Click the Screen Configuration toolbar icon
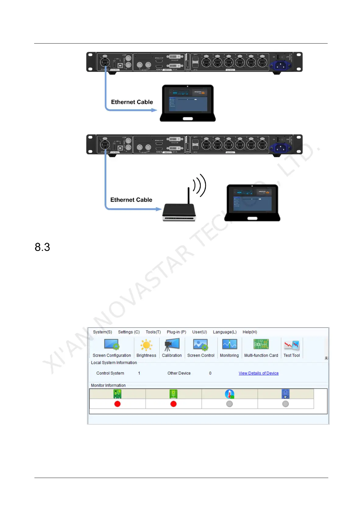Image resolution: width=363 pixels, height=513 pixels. (112, 345)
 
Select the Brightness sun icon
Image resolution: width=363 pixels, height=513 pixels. (146, 345)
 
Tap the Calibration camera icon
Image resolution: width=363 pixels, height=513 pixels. (172, 345)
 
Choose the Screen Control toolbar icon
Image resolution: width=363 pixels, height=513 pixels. (201, 345)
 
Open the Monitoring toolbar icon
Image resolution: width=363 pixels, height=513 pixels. (229, 345)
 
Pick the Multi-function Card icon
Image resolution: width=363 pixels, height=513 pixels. (261, 345)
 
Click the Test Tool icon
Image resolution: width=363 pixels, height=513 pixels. (292, 345)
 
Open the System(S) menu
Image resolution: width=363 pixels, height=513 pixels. (102, 332)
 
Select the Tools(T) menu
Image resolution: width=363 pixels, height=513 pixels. (153, 332)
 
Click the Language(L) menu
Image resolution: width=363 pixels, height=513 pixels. (225, 332)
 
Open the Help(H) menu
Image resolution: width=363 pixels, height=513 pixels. (250, 332)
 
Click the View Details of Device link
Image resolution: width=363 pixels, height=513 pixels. (258, 373)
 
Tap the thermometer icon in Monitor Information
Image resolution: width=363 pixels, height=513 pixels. (230, 394)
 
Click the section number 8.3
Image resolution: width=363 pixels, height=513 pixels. (42, 247)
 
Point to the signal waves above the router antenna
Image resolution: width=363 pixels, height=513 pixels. (200, 185)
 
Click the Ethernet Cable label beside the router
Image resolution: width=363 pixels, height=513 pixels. (131, 200)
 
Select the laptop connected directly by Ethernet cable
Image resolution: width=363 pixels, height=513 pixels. (187, 103)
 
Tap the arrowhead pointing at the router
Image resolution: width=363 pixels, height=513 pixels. (158, 209)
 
